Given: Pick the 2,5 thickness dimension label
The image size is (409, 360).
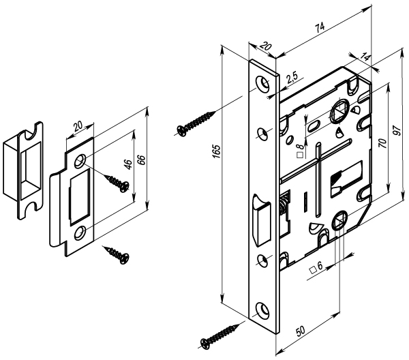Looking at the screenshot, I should (x=292, y=78).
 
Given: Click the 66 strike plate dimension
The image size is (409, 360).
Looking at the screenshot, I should (x=141, y=160).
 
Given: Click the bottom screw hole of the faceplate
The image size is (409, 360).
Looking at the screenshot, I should (x=262, y=310).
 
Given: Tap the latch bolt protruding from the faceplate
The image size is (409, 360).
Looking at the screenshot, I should (x=261, y=217).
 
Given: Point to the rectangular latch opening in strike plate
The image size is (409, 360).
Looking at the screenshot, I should (x=79, y=196).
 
